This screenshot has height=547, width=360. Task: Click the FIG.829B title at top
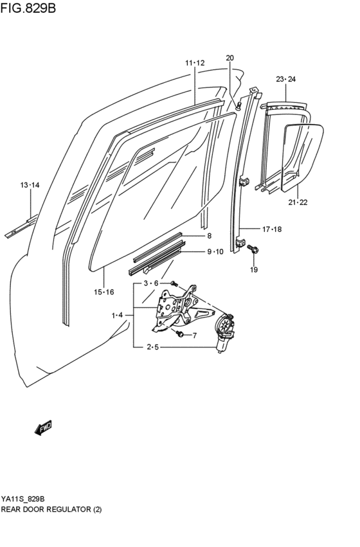tap(28, 10)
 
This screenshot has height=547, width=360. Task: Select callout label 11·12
tap(195, 63)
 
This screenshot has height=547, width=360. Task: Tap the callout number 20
tap(230, 58)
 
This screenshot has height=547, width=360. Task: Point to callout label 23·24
tap(285, 79)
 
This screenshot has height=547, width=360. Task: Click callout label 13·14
tap(30, 185)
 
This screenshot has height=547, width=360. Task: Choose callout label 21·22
tap(298, 202)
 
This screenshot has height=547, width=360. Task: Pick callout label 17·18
tap(271, 229)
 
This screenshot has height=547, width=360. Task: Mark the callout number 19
tap(253, 270)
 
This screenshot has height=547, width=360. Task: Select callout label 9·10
tap(215, 251)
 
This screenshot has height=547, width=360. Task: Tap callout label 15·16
tap(104, 292)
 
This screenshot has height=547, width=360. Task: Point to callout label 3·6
tap(150, 283)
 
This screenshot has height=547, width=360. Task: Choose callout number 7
tap(195, 335)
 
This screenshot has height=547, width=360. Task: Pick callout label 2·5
tap(152, 348)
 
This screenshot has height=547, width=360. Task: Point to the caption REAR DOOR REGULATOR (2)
tap(51, 509)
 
